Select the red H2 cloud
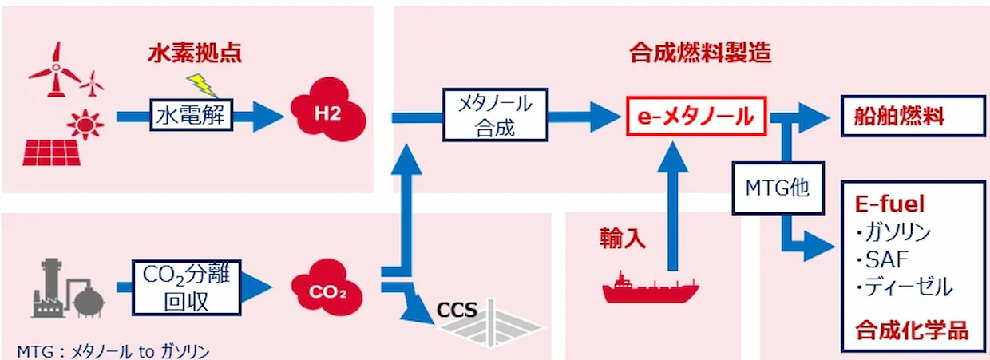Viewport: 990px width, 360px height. [327, 113]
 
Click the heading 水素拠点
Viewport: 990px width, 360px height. [194, 54]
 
